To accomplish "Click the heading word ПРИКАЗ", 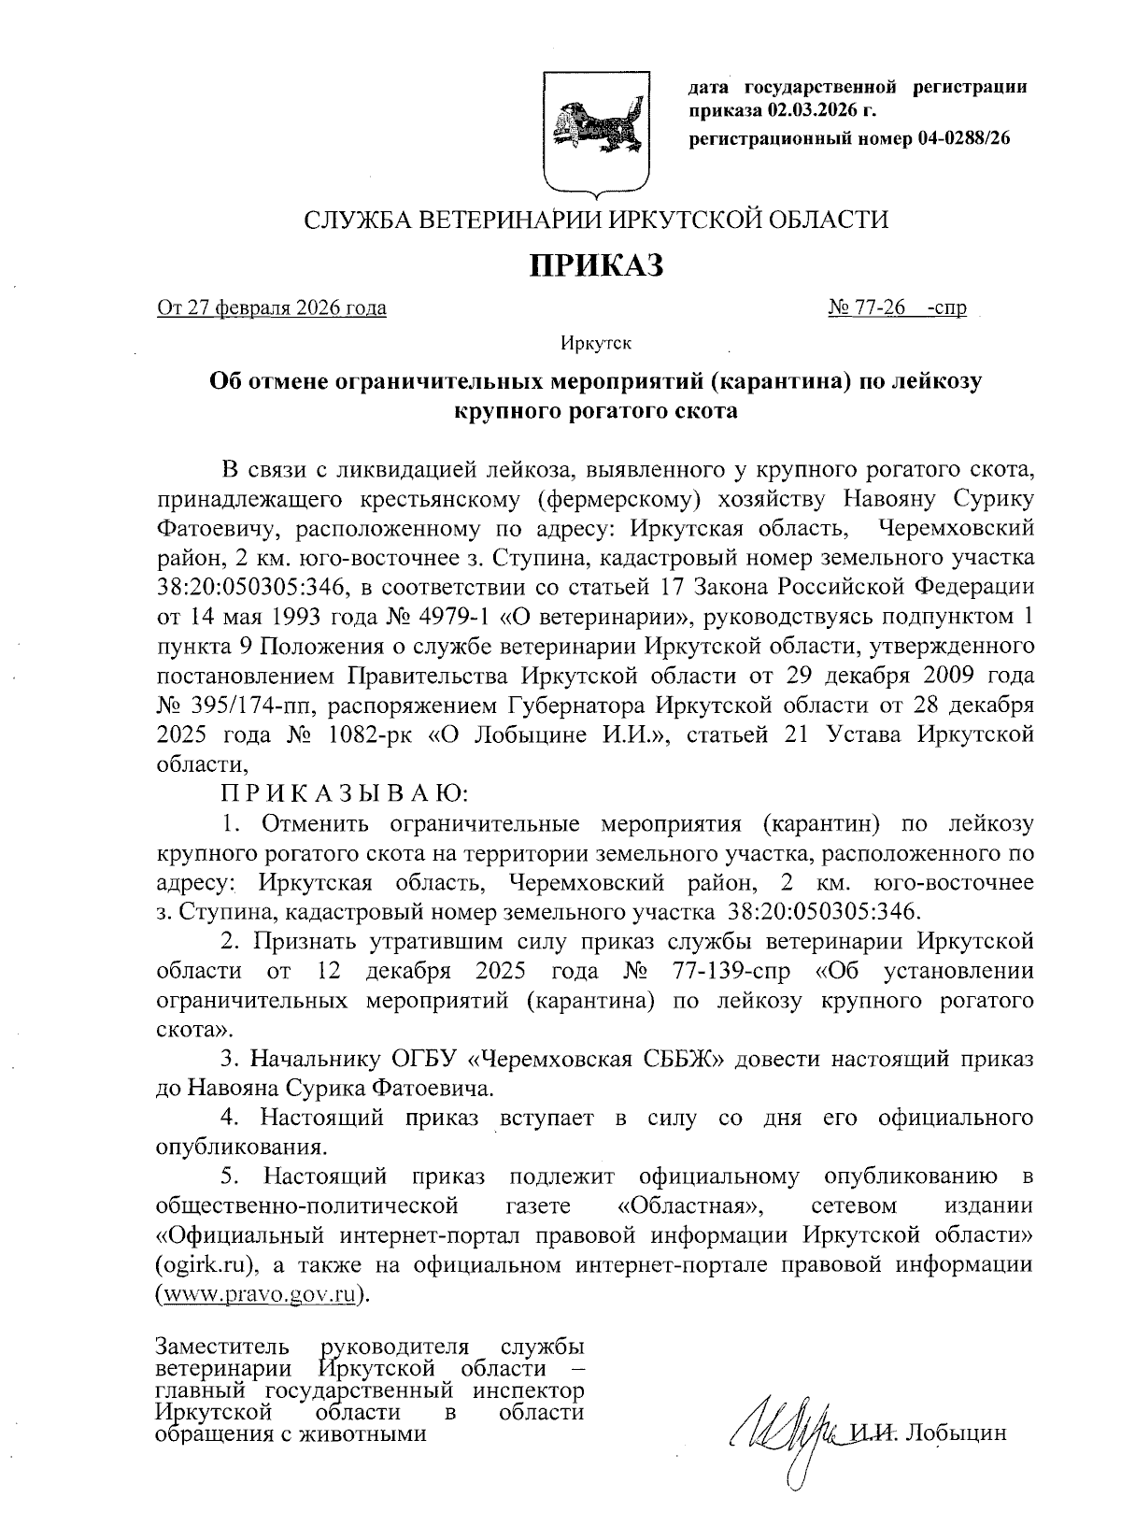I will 597,265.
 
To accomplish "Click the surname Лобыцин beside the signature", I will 957,1434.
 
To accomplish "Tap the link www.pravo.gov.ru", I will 263,1295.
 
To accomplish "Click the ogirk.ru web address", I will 206,1266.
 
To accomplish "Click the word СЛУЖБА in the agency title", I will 356,221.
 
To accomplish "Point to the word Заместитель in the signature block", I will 223,1348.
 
